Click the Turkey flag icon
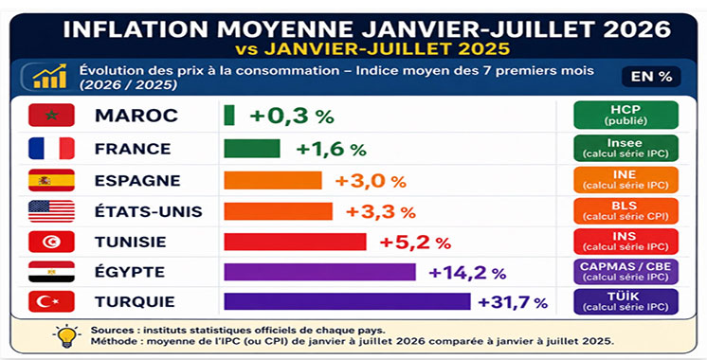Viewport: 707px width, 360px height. [51, 301]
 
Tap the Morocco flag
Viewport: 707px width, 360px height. [51, 115]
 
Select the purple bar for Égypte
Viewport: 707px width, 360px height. [319, 272]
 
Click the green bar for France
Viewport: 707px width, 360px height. [252, 149]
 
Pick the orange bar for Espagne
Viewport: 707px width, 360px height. [273, 180]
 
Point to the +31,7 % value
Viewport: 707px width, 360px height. [513, 302]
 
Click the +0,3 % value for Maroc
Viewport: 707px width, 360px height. [292, 116]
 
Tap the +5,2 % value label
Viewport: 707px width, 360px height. [415, 243]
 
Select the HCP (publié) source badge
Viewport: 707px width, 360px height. [625, 115]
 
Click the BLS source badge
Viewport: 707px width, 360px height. [625, 211]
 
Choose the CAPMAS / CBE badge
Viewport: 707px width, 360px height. [625, 272]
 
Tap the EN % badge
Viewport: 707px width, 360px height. [651, 77]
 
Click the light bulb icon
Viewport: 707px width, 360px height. [66, 335]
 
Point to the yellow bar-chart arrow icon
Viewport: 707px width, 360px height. [49, 76]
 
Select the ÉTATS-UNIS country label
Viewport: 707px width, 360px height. [149, 211]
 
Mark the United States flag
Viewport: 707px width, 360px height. [51, 211]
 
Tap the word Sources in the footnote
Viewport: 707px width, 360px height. [110, 331]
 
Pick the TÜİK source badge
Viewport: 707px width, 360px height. [625, 301]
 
